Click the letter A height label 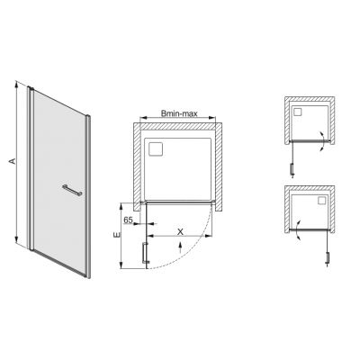pos(10,161)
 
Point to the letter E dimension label pos(117,236)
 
